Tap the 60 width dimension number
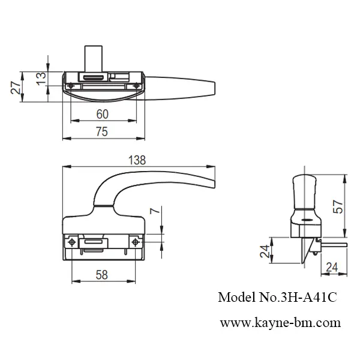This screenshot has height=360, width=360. (x=102, y=113)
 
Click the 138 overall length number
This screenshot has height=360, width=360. (x=138, y=160)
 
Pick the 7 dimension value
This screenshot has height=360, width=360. (x=154, y=211)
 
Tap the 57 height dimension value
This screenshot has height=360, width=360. (x=339, y=206)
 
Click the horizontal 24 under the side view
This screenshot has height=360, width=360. (x=333, y=267)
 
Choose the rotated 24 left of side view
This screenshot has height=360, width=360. (x=264, y=250)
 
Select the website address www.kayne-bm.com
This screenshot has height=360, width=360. (x=279, y=323)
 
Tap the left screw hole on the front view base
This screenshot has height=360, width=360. (x=72, y=242)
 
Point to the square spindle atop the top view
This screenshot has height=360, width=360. (x=92, y=57)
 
